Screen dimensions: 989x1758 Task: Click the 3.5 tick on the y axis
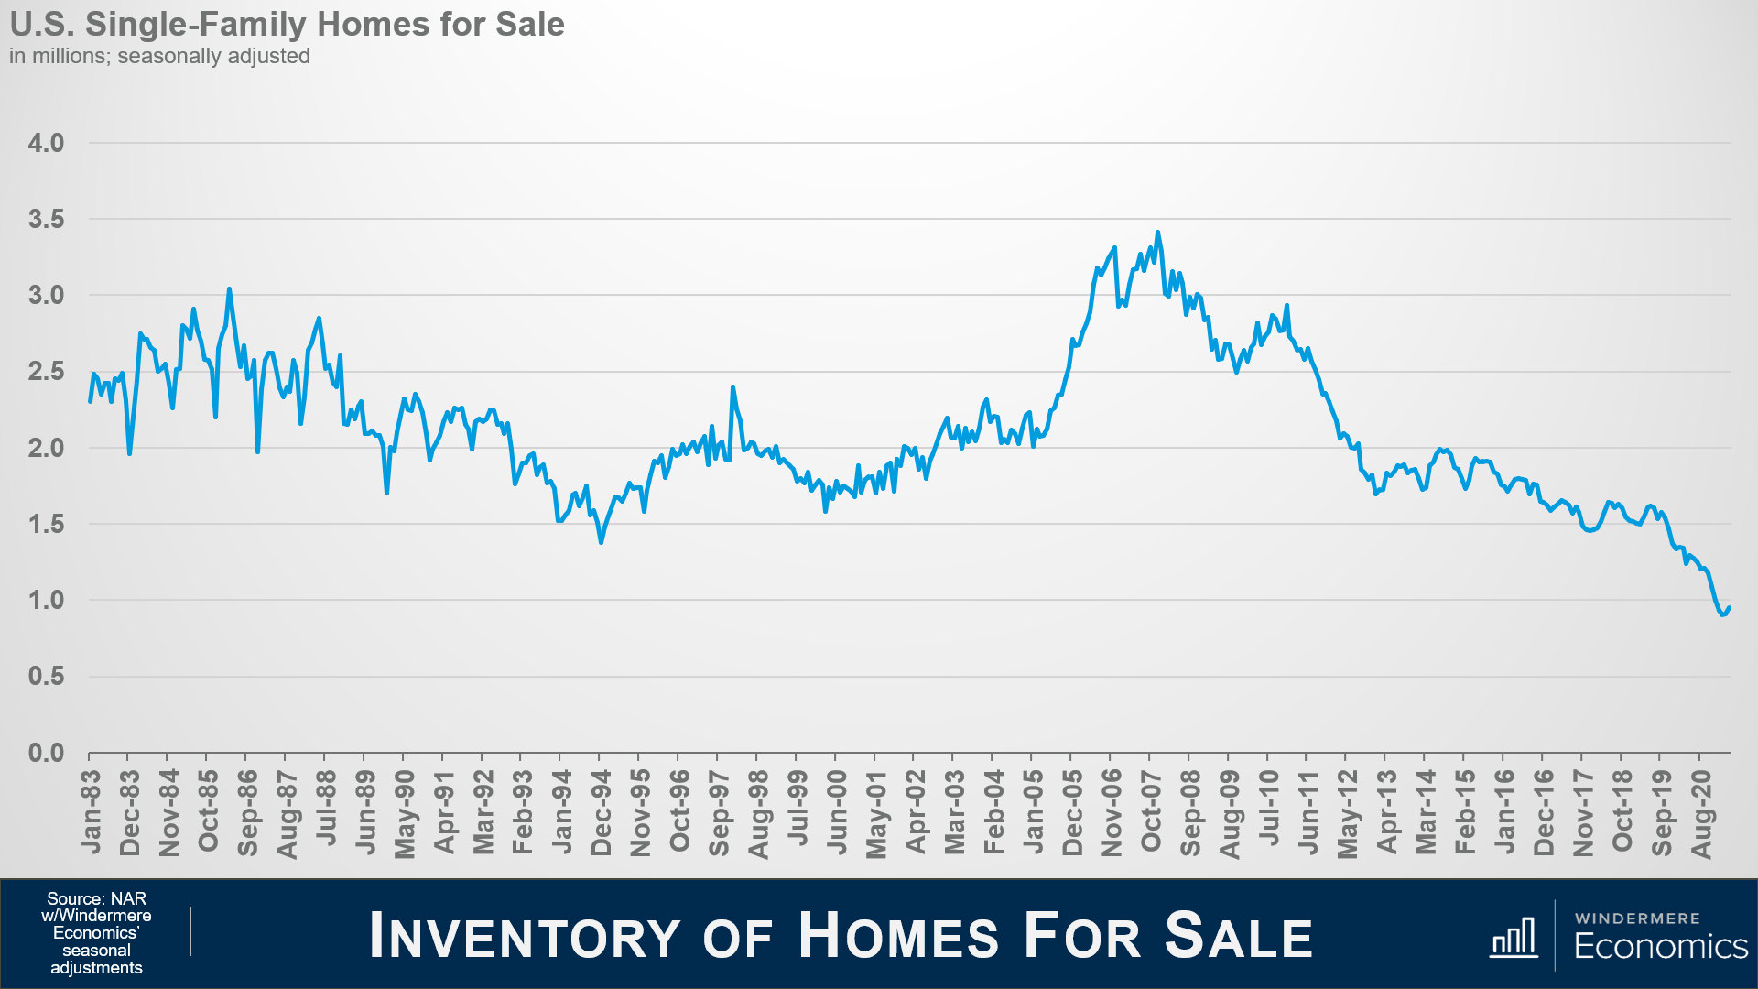tap(46, 219)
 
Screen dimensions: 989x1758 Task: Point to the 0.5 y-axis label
tap(46, 677)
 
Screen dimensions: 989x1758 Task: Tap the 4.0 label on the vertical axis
tap(46, 143)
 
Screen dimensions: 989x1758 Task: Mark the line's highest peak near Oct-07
tap(1157, 233)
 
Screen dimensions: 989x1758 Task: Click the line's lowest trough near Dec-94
tap(601, 542)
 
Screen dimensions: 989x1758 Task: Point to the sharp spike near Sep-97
tap(732, 387)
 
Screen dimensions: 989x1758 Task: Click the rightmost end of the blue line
tap(1729, 607)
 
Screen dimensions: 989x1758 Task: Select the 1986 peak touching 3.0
tap(229, 289)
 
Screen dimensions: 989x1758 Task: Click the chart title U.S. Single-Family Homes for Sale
tap(287, 25)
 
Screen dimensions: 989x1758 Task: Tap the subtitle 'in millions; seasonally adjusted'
tap(159, 56)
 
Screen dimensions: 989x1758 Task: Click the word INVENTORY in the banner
tap(525, 936)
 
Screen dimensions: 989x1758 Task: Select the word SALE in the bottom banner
tap(1239, 936)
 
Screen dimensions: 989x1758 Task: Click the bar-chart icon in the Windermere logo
tap(1514, 938)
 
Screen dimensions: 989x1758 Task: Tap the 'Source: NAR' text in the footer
tap(96, 899)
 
